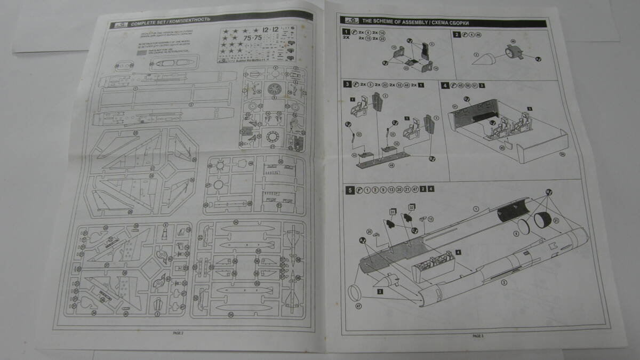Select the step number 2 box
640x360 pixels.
pyautogui.click(x=457, y=35)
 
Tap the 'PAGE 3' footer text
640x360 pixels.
pyautogui.click(x=477, y=336)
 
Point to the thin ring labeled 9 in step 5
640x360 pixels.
pyautogui.click(x=523, y=226)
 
